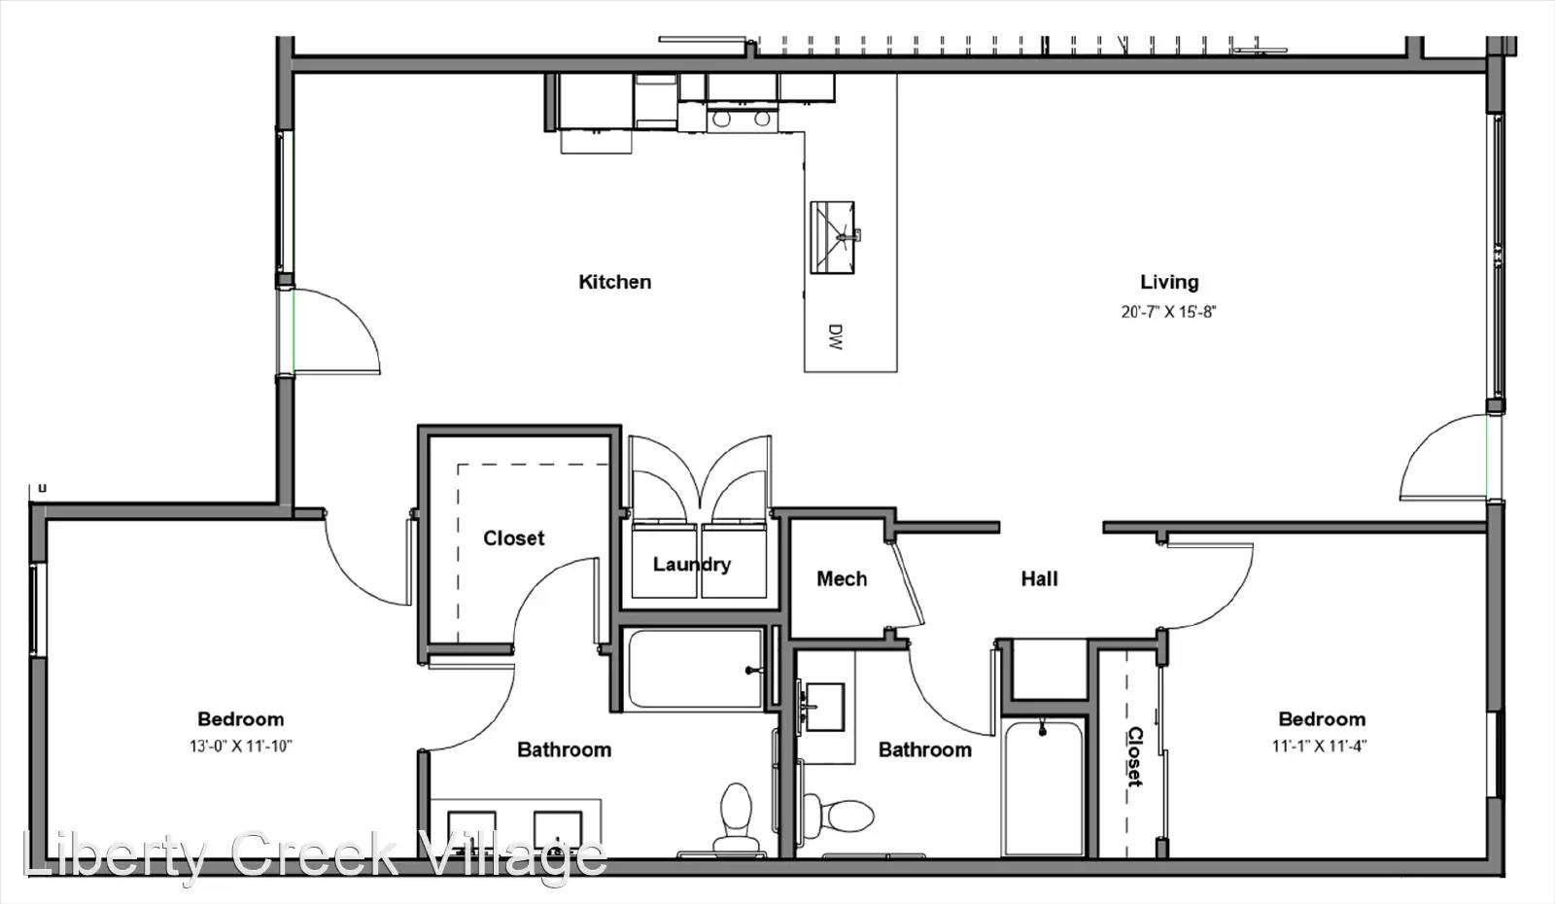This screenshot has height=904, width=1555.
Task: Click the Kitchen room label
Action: pyautogui.click(x=614, y=282)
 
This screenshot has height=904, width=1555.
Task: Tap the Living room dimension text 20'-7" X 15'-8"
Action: pyautogui.click(x=1168, y=312)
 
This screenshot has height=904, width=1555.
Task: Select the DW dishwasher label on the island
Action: pyautogui.click(x=835, y=337)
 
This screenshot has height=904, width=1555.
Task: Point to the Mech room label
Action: pyautogui.click(x=841, y=579)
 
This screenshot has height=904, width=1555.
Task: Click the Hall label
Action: pyautogui.click(x=1039, y=579)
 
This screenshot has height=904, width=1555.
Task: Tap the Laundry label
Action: pyautogui.click(x=691, y=564)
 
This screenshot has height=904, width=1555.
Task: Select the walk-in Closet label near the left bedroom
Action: pyautogui.click(x=513, y=539)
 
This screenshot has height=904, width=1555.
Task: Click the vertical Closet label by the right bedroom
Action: pyautogui.click(x=1134, y=756)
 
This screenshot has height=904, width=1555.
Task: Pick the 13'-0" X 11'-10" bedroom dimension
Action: pyautogui.click(x=240, y=747)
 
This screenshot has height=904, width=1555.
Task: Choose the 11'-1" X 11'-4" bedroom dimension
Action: pyautogui.click(x=1321, y=747)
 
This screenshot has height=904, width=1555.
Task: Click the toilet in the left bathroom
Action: pyautogui.click(x=736, y=819)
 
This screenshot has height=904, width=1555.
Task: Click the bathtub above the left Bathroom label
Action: pyautogui.click(x=695, y=670)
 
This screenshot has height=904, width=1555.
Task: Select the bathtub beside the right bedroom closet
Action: pyautogui.click(x=1043, y=787)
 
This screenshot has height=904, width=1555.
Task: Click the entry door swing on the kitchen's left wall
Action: pyautogui.click(x=335, y=330)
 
